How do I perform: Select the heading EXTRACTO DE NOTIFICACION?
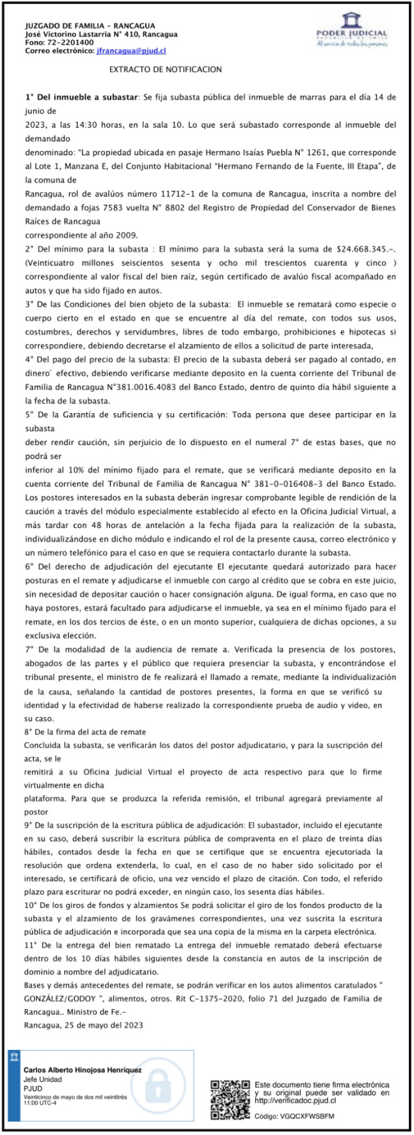pos(165,69)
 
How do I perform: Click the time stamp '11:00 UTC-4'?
pos(40,1103)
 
